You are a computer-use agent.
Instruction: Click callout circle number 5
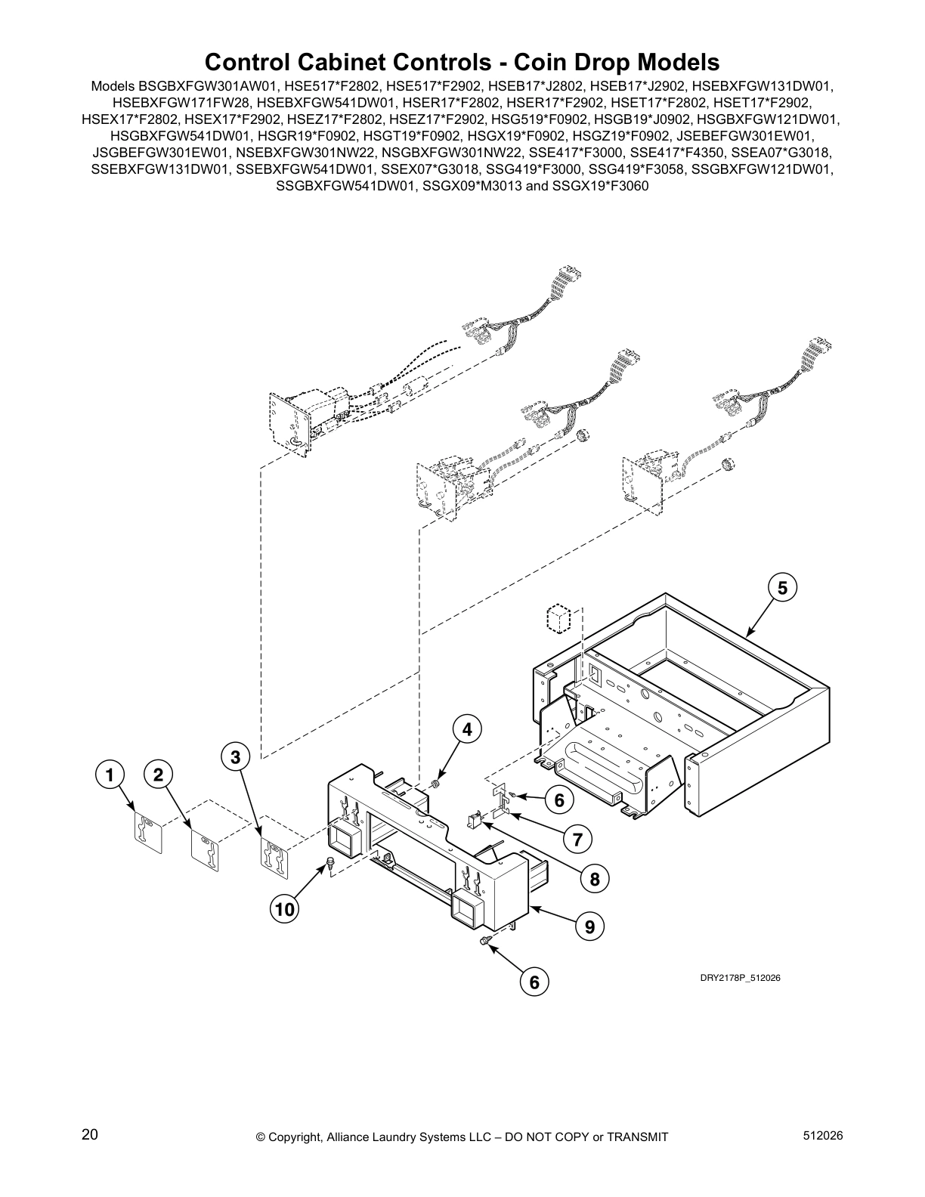[x=783, y=587]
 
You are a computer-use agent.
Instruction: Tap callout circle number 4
[x=467, y=729]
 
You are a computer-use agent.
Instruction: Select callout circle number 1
[x=110, y=775]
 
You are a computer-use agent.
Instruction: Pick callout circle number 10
[x=284, y=910]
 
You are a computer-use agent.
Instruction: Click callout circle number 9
[x=589, y=925]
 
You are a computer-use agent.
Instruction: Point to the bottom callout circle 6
[x=534, y=982]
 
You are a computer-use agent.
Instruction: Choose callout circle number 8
[x=595, y=879]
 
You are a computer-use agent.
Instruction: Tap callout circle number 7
[x=577, y=839]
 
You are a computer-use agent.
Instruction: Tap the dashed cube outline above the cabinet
[x=558, y=619]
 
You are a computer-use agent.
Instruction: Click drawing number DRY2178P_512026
[x=739, y=978]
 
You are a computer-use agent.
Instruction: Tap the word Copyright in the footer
[x=298, y=1137]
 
